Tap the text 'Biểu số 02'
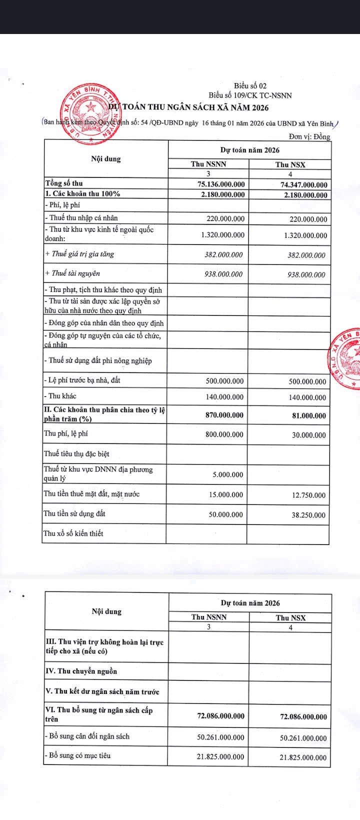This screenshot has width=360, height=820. (x=250, y=86)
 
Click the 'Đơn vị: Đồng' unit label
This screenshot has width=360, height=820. (x=309, y=136)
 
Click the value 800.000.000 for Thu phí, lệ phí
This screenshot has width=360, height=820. (x=224, y=434)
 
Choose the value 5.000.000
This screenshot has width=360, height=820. (x=228, y=474)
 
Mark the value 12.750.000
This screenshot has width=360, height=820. (x=308, y=495)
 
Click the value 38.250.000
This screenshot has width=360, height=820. (x=308, y=515)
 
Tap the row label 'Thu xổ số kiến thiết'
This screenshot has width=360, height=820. (x=73, y=533)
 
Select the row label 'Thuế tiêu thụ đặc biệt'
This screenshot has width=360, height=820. (x=76, y=454)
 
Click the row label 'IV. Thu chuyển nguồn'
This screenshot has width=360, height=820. (x=81, y=671)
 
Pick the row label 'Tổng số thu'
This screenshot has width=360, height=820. (x=64, y=183)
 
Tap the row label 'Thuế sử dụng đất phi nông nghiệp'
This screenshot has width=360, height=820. (x=98, y=360)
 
